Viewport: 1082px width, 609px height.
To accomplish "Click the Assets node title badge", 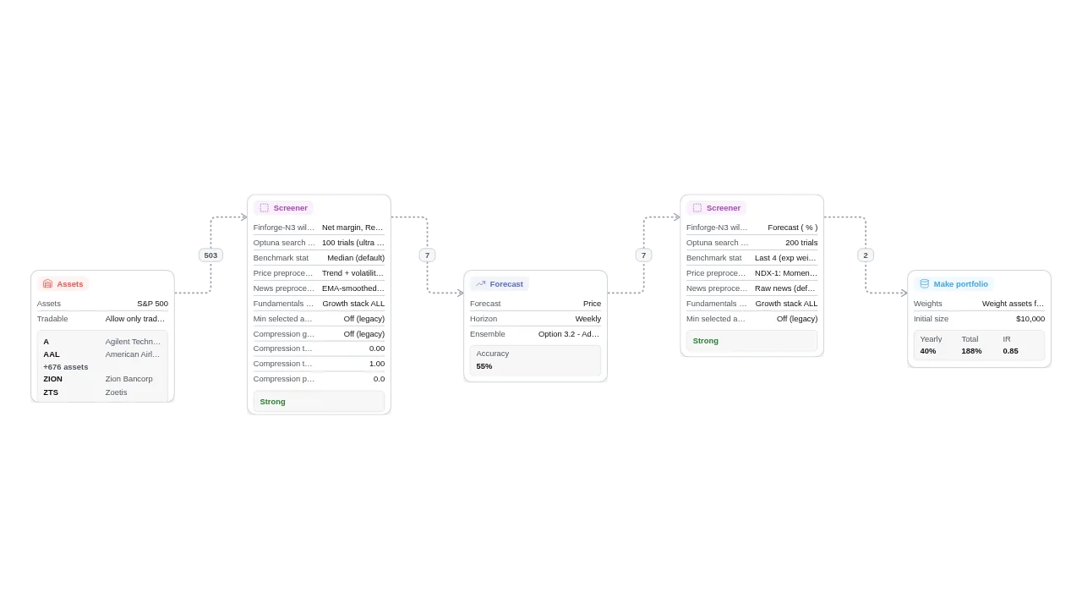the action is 63,284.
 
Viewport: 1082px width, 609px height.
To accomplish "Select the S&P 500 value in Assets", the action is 152,304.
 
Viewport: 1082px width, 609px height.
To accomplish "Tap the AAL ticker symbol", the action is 52,354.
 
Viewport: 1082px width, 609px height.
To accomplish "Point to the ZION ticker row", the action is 53,379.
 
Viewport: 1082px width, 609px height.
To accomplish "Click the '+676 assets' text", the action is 66,367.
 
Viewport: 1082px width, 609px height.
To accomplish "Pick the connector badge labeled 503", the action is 210,255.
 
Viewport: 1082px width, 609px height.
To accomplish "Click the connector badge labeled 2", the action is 865,255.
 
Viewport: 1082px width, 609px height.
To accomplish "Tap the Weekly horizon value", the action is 587,319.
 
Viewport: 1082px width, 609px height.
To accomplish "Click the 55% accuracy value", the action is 484,366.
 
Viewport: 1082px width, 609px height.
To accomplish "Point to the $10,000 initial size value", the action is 1030,319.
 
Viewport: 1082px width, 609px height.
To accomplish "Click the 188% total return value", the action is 971,351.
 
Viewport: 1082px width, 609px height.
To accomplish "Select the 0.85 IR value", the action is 1010,351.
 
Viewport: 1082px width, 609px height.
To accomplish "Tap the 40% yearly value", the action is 928,351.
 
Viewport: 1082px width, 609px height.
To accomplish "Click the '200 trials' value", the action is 801,243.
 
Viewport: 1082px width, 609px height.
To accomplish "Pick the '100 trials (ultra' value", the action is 352,243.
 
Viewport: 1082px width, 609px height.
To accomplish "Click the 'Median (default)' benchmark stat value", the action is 356,258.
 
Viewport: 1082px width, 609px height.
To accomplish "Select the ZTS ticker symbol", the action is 51,392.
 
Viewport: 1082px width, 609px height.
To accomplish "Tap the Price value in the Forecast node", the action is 592,304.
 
